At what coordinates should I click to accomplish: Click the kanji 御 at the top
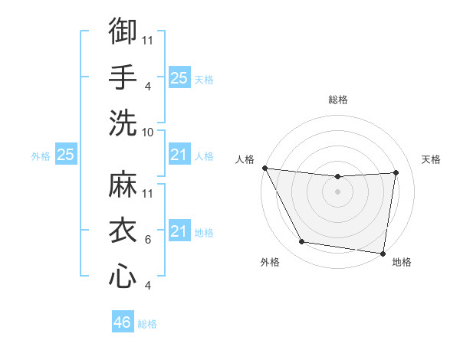123,32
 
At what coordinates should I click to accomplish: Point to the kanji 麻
123,185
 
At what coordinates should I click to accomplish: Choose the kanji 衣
123,230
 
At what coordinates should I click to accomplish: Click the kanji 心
123,276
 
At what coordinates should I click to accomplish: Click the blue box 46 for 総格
123,322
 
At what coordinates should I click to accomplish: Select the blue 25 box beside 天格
179,77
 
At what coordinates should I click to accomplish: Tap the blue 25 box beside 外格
66,155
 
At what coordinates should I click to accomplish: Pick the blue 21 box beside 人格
179,155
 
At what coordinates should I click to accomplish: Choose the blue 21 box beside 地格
179,231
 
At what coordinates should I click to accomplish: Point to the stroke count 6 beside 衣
148,240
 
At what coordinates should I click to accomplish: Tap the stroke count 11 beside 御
148,41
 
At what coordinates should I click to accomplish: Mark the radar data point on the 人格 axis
264,168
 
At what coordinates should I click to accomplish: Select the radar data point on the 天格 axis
396,173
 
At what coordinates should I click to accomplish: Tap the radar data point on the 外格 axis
302,243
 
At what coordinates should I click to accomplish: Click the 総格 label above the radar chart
338,100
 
